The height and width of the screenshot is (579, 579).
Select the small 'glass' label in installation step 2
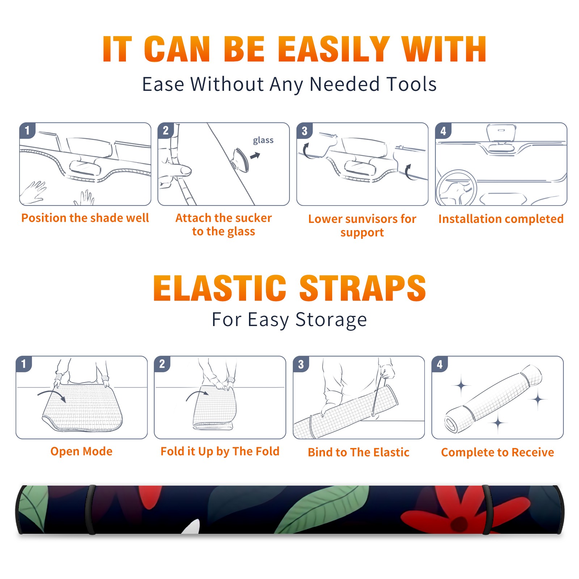pos(263,140)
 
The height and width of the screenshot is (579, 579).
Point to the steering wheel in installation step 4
pos(456,188)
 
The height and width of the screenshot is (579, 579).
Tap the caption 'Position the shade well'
pos(85,218)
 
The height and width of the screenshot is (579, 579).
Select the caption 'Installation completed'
pos(501,219)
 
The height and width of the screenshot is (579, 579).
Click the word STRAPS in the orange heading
pos(363,288)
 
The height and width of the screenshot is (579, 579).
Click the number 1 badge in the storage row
pos(24,364)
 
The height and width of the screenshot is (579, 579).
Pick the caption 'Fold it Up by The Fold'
pos(220,451)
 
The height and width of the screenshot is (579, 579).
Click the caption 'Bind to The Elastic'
pos(359,452)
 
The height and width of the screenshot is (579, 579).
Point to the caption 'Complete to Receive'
pos(498,452)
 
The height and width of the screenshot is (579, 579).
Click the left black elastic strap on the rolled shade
pos(91,510)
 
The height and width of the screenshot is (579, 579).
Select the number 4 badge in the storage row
pos(440,364)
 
